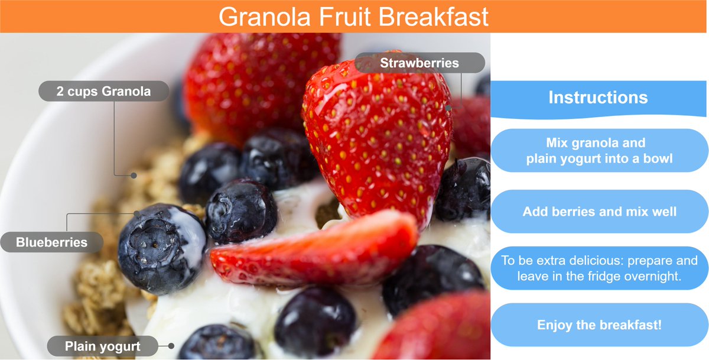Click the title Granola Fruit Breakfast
[x=353, y=17]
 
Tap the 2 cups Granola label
[x=103, y=92]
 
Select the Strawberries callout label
[x=419, y=63]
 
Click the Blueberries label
[x=51, y=242]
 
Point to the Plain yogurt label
[x=102, y=346]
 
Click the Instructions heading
[x=598, y=98]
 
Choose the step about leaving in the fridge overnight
[x=599, y=268]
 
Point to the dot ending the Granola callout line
[x=134, y=175]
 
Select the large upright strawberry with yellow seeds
[x=378, y=136]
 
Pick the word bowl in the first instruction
[x=656, y=158]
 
